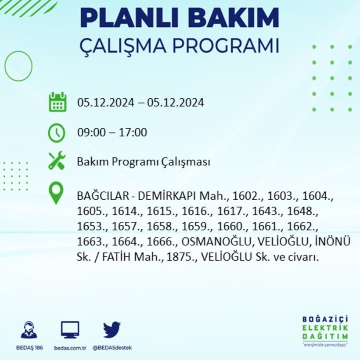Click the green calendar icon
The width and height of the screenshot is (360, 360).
click(x=57, y=102)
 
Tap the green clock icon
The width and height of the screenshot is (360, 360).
click(x=57, y=133)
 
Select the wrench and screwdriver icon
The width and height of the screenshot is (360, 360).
click(x=57, y=161)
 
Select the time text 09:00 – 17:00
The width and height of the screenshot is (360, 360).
click(x=112, y=132)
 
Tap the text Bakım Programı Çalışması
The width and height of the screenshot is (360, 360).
click(x=144, y=162)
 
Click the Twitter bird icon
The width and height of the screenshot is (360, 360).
click(x=112, y=330)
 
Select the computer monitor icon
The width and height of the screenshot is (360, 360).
click(x=70, y=329)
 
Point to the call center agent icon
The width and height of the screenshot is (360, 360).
click(x=29, y=330)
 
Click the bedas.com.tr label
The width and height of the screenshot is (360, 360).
click(x=70, y=348)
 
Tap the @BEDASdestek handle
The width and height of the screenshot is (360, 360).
click(x=112, y=348)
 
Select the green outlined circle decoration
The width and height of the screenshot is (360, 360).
click(x=18, y=66)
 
